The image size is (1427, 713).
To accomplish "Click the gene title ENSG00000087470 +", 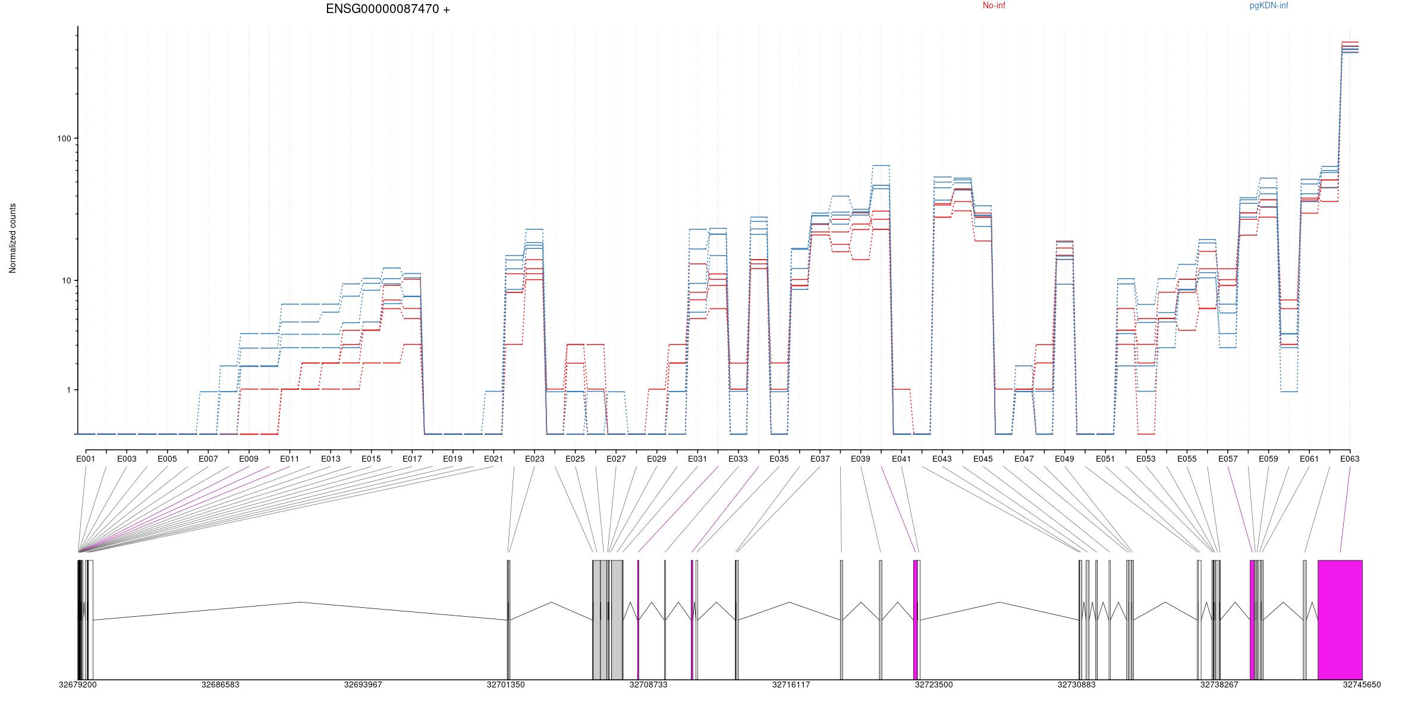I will coord(388,10).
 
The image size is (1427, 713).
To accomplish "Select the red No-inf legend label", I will coord(994,6).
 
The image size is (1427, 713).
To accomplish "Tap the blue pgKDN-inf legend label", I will coord(1269,6).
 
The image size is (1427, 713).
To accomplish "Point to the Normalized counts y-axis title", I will coord(13,238).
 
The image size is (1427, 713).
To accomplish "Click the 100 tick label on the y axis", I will coord(64,138).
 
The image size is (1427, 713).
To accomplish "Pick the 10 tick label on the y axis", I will coord(66,280).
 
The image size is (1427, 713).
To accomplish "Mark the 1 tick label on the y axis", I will coord(68,390).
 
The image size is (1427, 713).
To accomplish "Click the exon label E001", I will coord(86,459).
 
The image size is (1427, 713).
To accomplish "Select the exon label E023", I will coord(534,459).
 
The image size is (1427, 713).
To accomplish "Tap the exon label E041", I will coord(901,459).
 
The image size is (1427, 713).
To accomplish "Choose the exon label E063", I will coord(1349,459).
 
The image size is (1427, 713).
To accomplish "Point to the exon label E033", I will coord(738,459).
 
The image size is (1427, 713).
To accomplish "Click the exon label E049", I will coord(1064,459).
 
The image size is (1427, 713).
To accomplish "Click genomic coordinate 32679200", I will coord(77,684).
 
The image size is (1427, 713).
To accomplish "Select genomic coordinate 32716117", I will coord(791,684).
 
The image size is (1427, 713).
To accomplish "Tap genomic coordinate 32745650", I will coord(1362,684).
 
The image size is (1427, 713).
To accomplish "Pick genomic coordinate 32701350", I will coord(505,684).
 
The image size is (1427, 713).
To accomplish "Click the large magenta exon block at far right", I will coord(1340,620).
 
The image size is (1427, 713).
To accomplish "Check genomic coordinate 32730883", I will coord(1076,684).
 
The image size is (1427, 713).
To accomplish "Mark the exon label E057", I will coord(1227,459).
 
